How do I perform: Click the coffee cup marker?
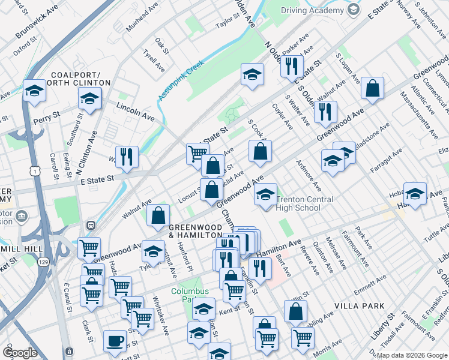click(x=115, y=341)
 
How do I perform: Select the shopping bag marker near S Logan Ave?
click(x=373, y=89)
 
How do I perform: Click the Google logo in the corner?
click(x=20, y=353)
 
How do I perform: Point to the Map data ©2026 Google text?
click(x=411, y=355)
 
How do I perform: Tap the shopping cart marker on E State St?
click(x=197, y=154)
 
